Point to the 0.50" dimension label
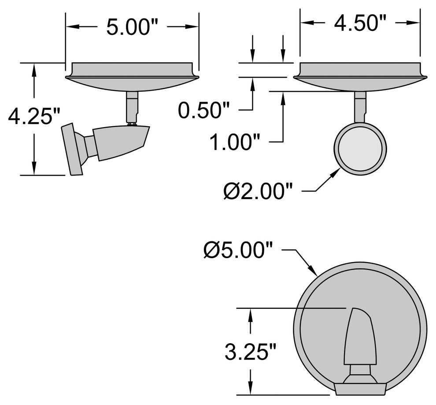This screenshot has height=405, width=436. coord(204,111)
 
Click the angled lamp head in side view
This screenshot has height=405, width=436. coord(121,141)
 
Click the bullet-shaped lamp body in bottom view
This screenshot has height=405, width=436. coord(360,337)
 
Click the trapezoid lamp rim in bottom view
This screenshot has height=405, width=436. coord(360,389)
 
